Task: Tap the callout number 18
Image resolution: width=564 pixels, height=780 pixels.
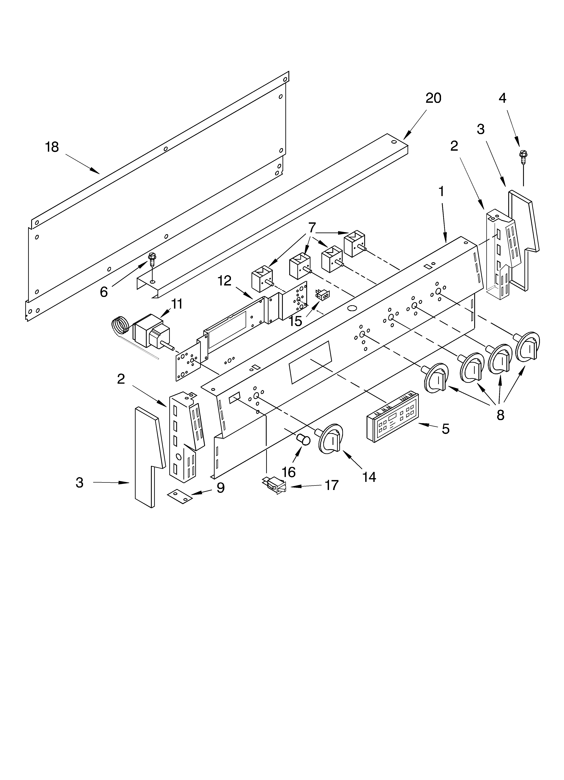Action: tap(52, 147)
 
